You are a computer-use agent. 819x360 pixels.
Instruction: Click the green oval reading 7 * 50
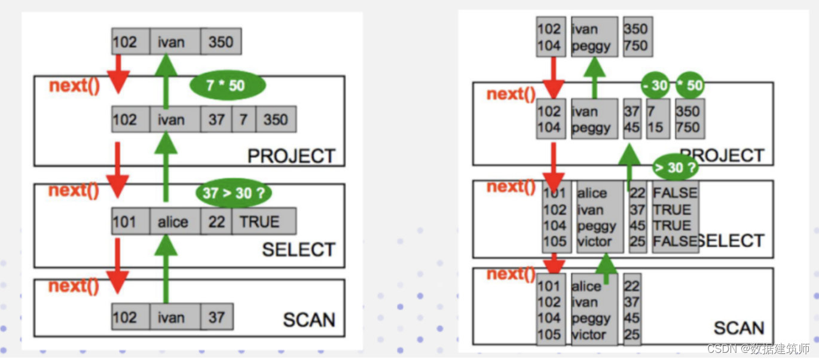click(x=226, y=86)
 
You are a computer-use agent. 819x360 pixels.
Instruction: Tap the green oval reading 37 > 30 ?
click(x=234, y=193)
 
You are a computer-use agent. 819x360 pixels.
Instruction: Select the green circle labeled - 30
click(x=656, y=86)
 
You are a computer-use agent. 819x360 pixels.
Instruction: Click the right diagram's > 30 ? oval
click(x=675, y=168)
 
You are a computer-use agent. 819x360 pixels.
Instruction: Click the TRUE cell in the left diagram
click(x=263, y=222)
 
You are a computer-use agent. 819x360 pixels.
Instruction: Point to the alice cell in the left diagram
click(x=174, y=222)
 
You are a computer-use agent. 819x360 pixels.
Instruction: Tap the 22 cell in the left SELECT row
click(x=216, y=222)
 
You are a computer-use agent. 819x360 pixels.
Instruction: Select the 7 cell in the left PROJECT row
click(x=243, y=120)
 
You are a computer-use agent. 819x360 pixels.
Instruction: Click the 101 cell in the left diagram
click(x=125, y=222)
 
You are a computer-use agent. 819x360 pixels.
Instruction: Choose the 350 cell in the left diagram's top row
click(x=221, y=42)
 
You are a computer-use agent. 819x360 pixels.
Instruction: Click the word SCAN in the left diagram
click(x=308, y=320)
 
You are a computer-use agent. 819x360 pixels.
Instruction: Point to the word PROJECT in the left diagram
click(x=291, y=156)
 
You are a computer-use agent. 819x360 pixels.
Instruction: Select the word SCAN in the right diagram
click(x=739, y=328)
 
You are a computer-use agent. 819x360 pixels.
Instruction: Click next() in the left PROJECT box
click(x=74, y=85)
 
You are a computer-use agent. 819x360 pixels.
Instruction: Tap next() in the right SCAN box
click(x=511, y=274)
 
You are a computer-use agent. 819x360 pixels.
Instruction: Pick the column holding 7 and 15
click(x=655, y=119)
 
